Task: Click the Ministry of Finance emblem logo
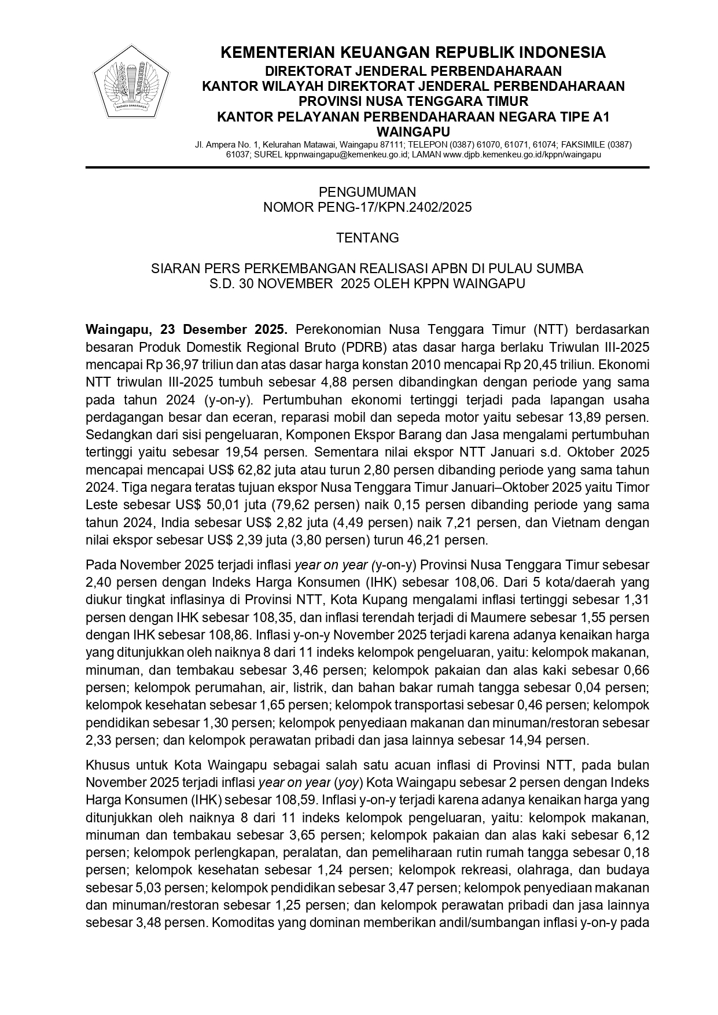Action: (131, 82)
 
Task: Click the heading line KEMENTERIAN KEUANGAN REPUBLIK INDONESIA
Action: (413, 53)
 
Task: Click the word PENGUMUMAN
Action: (367, 192)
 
